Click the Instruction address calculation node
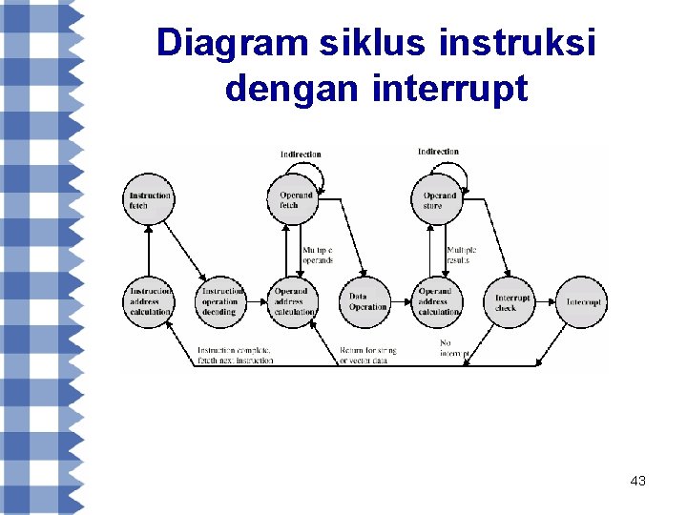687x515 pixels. tap(150, 301)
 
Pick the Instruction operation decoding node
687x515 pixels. tap(221, 301)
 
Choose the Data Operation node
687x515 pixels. tap(367, 301)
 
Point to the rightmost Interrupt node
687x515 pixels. tap(582, 301)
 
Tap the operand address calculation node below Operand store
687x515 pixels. tap(439, 301)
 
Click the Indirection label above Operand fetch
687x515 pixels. tap(301, 154)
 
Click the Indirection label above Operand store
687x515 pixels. tap(438, 151)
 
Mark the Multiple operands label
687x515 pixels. tap(318, 255)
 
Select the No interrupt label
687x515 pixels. tap(453, 348)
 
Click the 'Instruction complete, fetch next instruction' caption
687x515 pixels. tap(235, 355)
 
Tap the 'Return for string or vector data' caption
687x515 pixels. tap(367, 355)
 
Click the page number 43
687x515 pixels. tap(638, 482)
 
